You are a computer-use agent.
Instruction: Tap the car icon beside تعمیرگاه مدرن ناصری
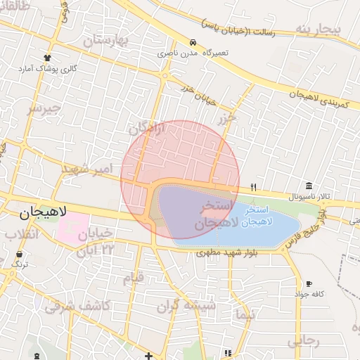pyautogui.click(x=193, y=42)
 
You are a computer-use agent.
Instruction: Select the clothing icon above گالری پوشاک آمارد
pyautogui.click(x=47, y=58)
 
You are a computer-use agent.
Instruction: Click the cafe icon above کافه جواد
pyautogui.click(x=309, y=284)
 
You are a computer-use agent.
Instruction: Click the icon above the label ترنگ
pyautogui.click(x=18, y=254)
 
